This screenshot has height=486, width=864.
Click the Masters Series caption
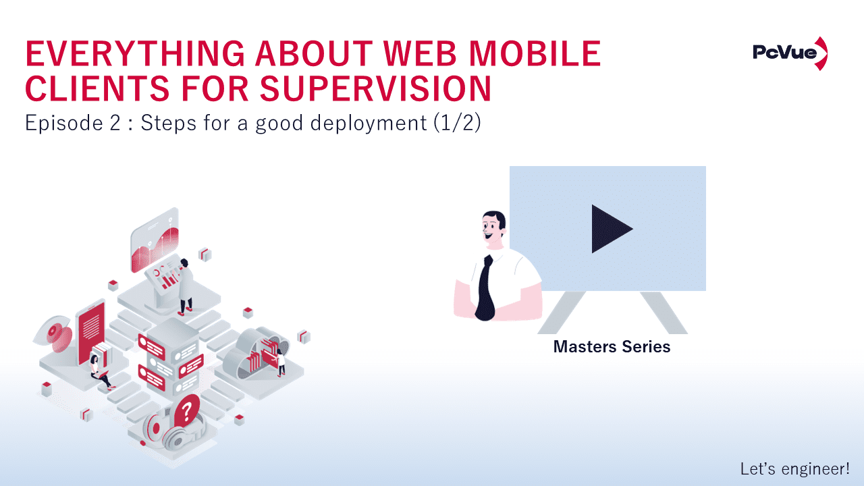(x=612, y=347)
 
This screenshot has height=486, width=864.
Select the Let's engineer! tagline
(x=794, y=468)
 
